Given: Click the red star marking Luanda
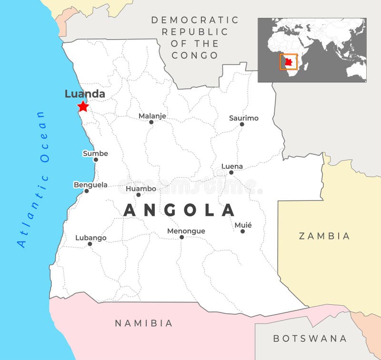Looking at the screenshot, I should (x=83, y=106).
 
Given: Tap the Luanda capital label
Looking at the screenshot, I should (x=85, y=94).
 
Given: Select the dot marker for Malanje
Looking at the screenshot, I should (x=151, y=122).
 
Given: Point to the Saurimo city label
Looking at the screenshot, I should (x=243, y=118).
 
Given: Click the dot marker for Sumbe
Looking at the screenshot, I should (x=96, y=160).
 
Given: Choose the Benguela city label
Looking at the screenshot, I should (x=90, y=185).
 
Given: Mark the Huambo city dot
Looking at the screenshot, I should (x=139, y=195).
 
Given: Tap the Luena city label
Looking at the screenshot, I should (x=232, y=166).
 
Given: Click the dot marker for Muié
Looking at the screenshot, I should (x=242, y=231).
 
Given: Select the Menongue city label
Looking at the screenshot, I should (x=186, y=231).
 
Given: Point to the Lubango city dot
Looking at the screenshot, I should (x=90, y=244).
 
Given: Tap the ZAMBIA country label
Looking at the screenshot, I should (x=324, y=236).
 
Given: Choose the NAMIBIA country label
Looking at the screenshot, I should (x=143, y=323).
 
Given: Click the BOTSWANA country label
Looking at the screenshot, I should (x=310, y=339).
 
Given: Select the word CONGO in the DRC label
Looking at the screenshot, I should (x=195, y=55).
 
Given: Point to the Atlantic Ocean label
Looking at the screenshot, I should (x=33, y=179).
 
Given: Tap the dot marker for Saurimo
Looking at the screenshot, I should (x=242, y=124).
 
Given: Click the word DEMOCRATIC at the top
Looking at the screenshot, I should (x=195, y=20).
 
